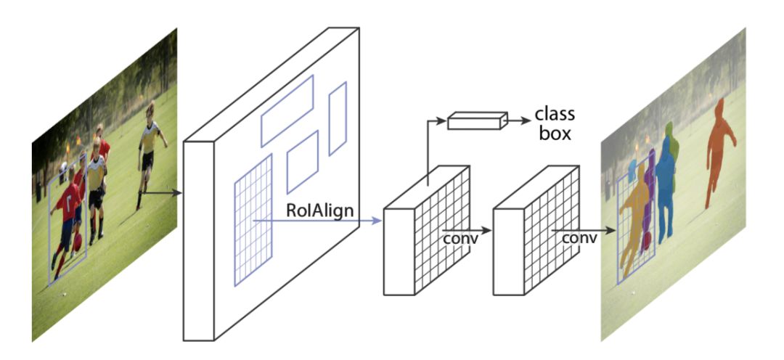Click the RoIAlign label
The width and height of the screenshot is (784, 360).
320,210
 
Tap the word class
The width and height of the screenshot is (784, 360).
554,115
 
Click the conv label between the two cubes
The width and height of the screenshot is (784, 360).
459,238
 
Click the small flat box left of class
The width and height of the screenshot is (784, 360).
476,121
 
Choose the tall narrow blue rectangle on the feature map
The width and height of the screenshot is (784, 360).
338,118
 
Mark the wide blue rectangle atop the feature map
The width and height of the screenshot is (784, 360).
287,110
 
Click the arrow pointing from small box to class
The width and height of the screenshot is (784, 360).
516,121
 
